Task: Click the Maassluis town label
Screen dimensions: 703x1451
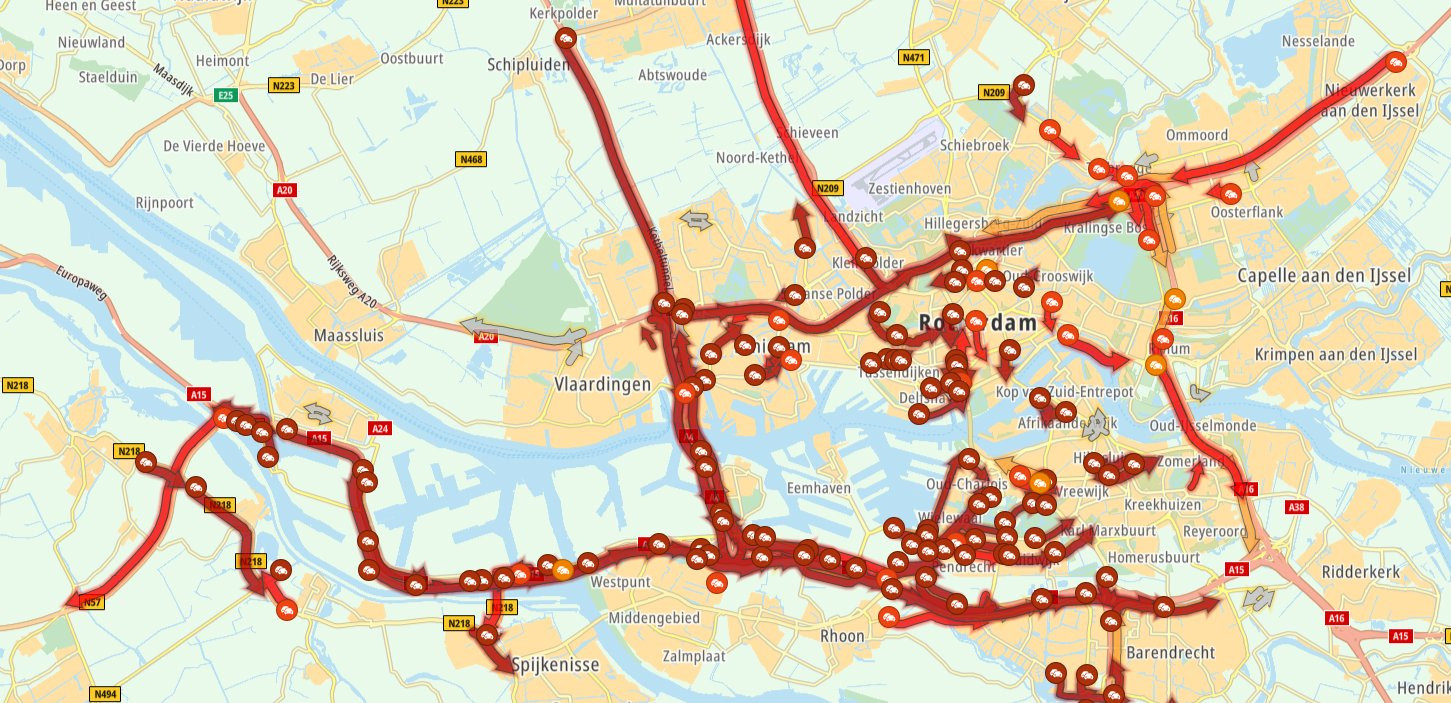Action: [x=348, y=335]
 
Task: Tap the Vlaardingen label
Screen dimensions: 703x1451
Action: [x=602, y=384]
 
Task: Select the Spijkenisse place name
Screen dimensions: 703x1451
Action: [x=554, y=664]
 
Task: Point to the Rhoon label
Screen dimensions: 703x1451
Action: [x=841, y=636]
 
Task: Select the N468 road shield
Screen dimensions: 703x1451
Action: [x=470, y=159]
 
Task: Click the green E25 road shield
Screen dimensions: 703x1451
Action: [x=226, y=96]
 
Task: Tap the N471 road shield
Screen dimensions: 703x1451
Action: [x=913, y=58]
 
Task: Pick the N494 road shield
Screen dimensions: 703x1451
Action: [x=104, y=694]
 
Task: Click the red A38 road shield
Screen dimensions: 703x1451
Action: [x=1297, y=507]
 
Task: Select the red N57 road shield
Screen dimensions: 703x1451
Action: [x=91, y=602]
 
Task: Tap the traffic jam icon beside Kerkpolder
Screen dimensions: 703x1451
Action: [x=566, y=39]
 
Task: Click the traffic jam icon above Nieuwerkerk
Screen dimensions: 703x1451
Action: [x=1396, y=63]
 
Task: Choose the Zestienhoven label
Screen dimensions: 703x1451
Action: [x=910, y=188]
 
